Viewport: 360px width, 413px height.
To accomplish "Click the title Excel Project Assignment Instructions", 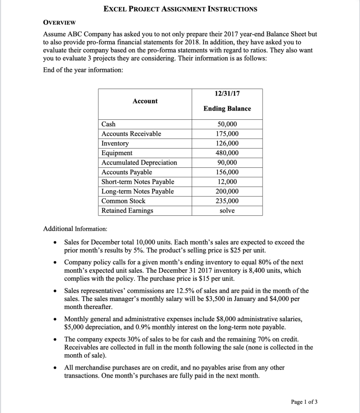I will tap(180, 9).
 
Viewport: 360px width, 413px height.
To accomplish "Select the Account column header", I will tap(145, 101).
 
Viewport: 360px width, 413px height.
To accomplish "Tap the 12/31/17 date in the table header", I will tap(227, 93).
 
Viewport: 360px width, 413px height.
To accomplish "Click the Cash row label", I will tap(109, 124).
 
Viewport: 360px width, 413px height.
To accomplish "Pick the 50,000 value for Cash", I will tap(227, 124).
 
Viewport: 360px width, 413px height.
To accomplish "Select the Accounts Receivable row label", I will tap(132, 134).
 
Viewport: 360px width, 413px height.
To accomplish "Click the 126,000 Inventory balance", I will tap(227, 143).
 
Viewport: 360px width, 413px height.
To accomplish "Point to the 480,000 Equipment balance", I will tap(227, 153).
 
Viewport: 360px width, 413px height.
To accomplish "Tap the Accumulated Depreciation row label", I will tap(139, 163).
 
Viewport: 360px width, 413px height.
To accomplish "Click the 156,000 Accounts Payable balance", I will tap(227, 172).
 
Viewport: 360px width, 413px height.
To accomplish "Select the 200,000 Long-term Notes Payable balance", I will tap(227, 192).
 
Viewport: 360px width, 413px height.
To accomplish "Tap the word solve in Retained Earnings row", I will tap(227, 211).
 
